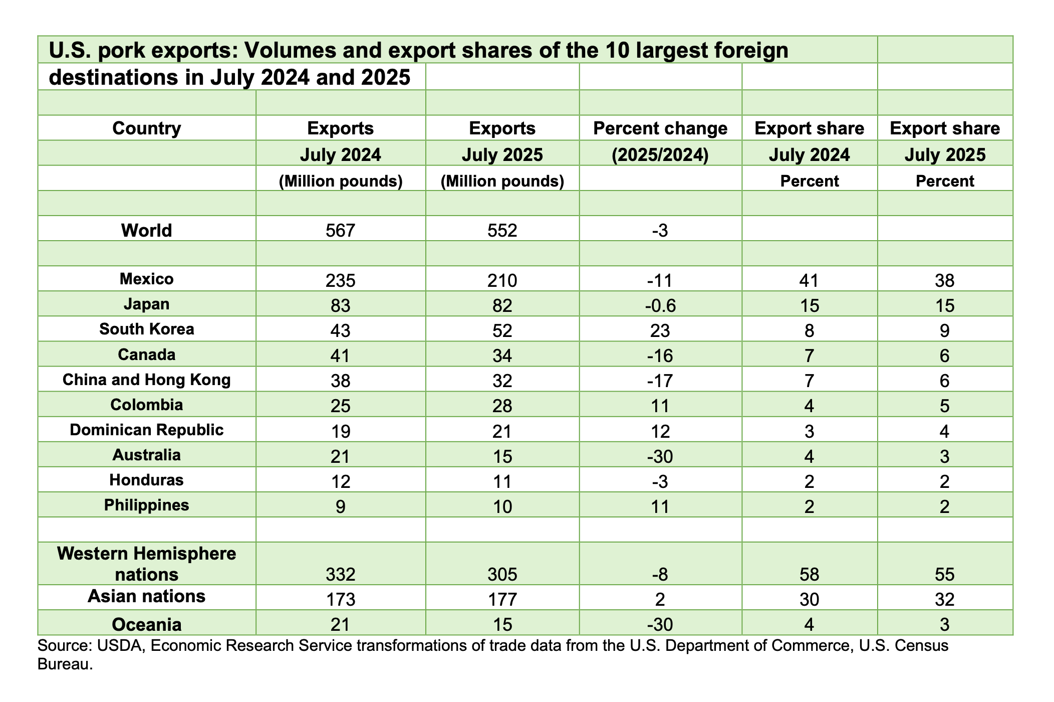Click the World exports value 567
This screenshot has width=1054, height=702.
coord(340,230)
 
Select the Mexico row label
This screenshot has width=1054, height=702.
coord(146,279)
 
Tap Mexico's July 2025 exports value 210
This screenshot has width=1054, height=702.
coord(502,280)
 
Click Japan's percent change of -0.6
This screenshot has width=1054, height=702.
coord(660,305)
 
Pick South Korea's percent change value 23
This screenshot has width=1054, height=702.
coord(660,330)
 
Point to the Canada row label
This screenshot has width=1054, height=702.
coord(146,355)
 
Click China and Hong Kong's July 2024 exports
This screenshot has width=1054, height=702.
coord(340,381)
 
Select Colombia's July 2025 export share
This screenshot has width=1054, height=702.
coord(944,406)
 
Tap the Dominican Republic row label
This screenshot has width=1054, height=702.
coord(146,430)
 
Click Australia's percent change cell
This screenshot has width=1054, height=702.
coord(660,456)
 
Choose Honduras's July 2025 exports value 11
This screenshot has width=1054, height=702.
coord(502,481)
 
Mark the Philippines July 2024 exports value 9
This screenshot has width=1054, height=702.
coord(340,506)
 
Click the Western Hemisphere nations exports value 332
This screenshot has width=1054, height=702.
coord(340,574)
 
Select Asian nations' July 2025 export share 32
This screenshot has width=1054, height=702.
coord(944,599)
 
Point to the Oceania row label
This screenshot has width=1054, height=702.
coord(146,624)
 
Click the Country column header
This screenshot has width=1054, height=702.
coord(146,128)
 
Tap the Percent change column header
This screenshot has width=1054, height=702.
coord(660,128)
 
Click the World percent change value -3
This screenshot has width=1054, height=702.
coord(660,230)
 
